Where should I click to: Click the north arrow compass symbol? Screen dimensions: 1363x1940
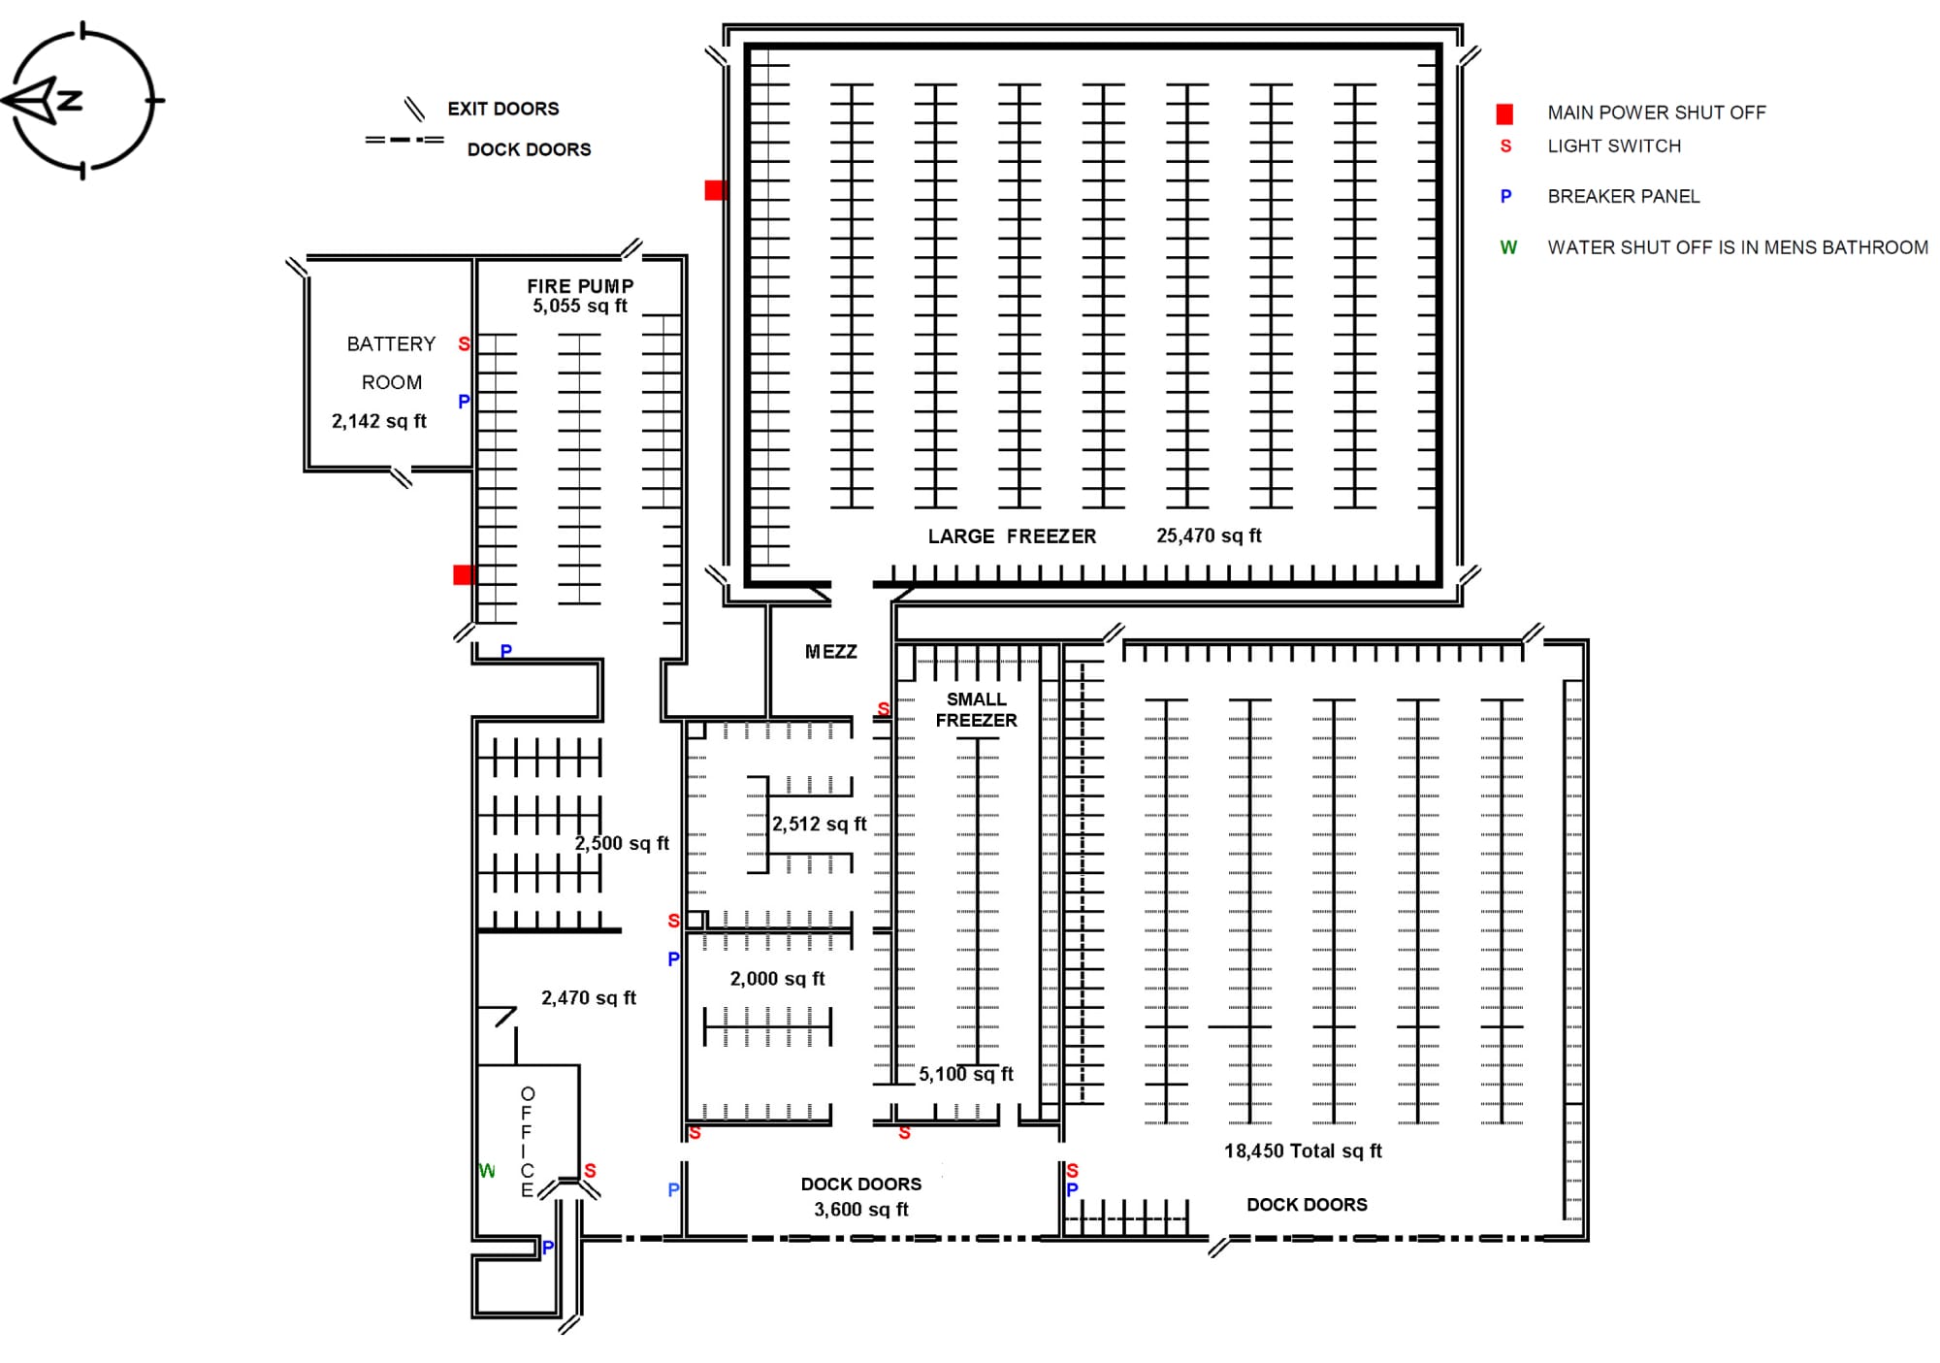(x=82, y=101)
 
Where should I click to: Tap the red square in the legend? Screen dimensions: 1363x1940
(x=1504, y=114)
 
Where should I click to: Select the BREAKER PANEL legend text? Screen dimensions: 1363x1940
(x=1623, y=197)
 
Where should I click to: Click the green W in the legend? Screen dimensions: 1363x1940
(x=1508, y=248)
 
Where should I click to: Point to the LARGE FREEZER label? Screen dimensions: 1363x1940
(x=1012, y=536)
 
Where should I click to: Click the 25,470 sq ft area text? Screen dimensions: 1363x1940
(x=1209, y=535)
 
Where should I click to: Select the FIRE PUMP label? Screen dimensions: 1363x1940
(x=580, y=286)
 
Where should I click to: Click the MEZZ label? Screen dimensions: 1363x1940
(x=831, y=652)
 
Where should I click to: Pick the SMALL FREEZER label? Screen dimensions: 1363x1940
(x=976, y=710)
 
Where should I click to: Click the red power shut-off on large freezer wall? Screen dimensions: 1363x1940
(x=715, y=190)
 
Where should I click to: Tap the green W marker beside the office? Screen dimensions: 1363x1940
(x=487, y=1172)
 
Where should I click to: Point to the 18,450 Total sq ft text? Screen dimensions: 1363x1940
(x=1303, y=1152)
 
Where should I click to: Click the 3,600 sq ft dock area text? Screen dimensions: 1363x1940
(x=861, y=1210)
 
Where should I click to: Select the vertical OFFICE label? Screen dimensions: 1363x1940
(x=527, y=1142)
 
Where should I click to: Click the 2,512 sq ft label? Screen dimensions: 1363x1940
(x=819, y=825)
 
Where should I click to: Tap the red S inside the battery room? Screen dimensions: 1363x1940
(x=464, y=344)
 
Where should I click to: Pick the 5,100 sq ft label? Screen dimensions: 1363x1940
(x=966, y=1075)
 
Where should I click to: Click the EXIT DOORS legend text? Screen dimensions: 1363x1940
(x=502, y=109)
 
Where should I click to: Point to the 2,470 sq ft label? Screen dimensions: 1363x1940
(x=589, y=998)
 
